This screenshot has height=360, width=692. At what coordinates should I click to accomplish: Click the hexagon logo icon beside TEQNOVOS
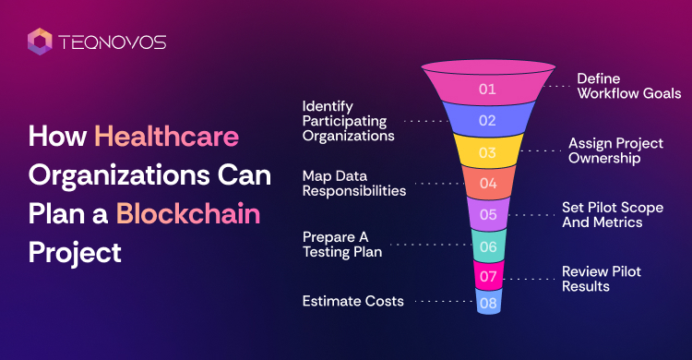pyautogui.click(x=40, y=42)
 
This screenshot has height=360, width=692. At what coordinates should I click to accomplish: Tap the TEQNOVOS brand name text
pyautogui.click(x=112, y=42)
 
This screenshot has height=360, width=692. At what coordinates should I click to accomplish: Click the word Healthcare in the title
pyautogui.click(x=166, y=136)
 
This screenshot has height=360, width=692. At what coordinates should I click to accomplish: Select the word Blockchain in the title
pyautogui.click(x=188, y=214)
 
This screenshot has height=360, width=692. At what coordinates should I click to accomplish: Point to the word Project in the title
pyautogui.click(x=75, y=254)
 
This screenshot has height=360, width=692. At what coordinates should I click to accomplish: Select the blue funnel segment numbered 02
pyautogui.click(x=488, y=120)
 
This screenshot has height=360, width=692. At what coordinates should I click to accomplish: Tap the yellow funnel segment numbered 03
pyautogui.click(x=488, y=152)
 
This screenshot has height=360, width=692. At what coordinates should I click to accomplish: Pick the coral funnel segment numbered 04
pyautogui.click(x=488, y=183)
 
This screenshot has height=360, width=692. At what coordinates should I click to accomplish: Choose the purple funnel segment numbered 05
pyautogui.click(x=488, y=214)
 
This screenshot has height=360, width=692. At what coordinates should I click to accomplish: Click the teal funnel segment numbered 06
pyautogui.click(x=488, y=246)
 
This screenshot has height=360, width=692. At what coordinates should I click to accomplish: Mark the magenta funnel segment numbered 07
pyautogui.click(x=488, y=276)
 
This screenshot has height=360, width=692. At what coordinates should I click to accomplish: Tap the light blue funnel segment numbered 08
pyautogui.click(x=488, y=303)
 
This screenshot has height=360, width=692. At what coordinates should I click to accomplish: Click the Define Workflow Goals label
pyautogui.click(x=629, y=86)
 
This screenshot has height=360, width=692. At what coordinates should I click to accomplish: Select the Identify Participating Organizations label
pyautogui.click(x=348, y=121)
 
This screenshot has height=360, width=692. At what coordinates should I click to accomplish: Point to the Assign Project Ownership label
pyautogui.click(x=615, y=150)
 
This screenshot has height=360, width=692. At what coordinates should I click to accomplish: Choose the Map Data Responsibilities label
pyautogui.click(x=354, y=184)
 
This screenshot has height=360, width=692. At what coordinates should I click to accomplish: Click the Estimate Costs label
pyautogui.click(x=353, y=301)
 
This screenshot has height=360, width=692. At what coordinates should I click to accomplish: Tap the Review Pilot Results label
pyautogui.click(x=601, y=279)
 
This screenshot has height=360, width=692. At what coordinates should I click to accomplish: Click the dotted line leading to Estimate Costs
pyautogui.click(x=445, y=301)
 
